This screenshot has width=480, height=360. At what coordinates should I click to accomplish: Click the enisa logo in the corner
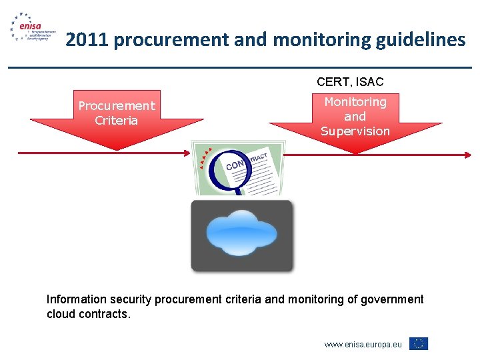click(x=30, y=29)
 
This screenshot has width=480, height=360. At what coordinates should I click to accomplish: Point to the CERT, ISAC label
click(x=350, y=82)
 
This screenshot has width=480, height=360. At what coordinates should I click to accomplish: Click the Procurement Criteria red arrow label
click(x=117, y=113)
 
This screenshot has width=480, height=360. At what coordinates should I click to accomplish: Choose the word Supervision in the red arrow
click(x=355, y=131)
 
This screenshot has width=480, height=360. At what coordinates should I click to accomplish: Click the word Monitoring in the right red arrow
click(x=355, y=102)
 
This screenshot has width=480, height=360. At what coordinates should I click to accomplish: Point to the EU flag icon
click(x=419, y=344)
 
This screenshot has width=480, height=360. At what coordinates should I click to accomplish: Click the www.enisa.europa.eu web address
click(x=363, y=345)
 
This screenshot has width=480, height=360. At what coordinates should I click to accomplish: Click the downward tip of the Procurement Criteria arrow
click(x=117, y=150)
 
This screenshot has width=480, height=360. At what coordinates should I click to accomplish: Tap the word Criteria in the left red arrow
click(x=117, y=121)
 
